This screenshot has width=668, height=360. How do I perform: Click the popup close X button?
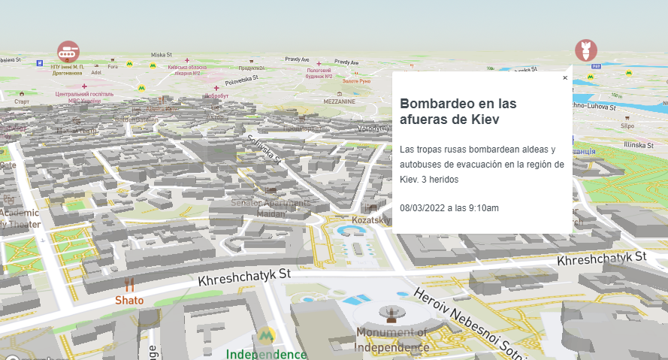pyautogui.click(x=565, y=78)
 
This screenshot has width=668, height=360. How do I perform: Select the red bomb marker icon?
pyautogui.click(x=586, y=50)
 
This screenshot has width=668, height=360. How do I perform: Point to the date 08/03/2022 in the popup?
pyautogui.click(x=422, y=208)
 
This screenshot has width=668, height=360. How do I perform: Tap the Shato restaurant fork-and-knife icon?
pyautogui.click(x=129, y=285)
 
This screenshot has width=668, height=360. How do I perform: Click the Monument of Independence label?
pyautogui.click(x=391, y=340)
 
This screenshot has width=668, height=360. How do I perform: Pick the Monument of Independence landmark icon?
pyautogui.click(x=390, y=313)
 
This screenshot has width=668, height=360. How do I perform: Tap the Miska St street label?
pyautogui.click(x=162, y=55)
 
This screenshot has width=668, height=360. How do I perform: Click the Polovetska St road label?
pyautogui.click(x=241, y=78)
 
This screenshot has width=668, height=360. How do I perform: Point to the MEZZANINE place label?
pyautogui.click(x=340, y=100)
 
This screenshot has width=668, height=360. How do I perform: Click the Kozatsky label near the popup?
pyautogui.click(x=371, y=220)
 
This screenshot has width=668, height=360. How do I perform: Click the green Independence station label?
pyautogui.click(x=267, y=354)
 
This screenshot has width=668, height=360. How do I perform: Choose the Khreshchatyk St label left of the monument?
pyautogui.click(x=244, y=278)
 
